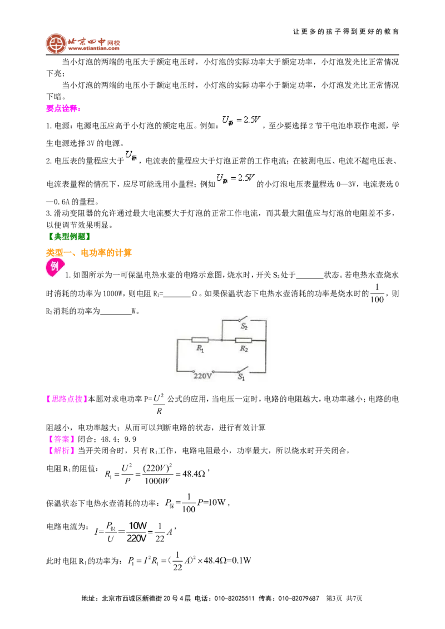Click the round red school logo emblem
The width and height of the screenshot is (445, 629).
pos(56,44)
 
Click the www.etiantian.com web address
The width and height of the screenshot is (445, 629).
pos(93,48)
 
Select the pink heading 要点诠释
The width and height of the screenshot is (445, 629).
pos(63,108)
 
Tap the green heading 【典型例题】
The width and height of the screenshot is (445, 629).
pos(68,236)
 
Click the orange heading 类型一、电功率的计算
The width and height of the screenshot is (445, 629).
pos(89,252)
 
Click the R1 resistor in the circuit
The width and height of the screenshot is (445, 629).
pos(200,340)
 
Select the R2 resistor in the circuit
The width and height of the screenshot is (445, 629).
pos(244,340)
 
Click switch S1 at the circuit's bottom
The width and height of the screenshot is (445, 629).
pos(241,370)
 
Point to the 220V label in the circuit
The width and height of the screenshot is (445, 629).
pos(202,376)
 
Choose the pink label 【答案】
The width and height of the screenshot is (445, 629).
pos(60,439)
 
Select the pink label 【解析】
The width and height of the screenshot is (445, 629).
pos(60,451)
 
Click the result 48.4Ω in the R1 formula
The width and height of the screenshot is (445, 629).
pos(194,474)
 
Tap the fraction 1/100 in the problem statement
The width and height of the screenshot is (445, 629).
pos(377,293)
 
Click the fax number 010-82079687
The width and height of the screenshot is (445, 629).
pos(298,598)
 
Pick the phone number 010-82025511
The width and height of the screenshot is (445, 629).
pos(234,598)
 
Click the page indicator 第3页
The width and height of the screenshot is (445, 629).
pos(334,598)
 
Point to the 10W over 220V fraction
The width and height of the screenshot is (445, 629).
pos(137,532)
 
